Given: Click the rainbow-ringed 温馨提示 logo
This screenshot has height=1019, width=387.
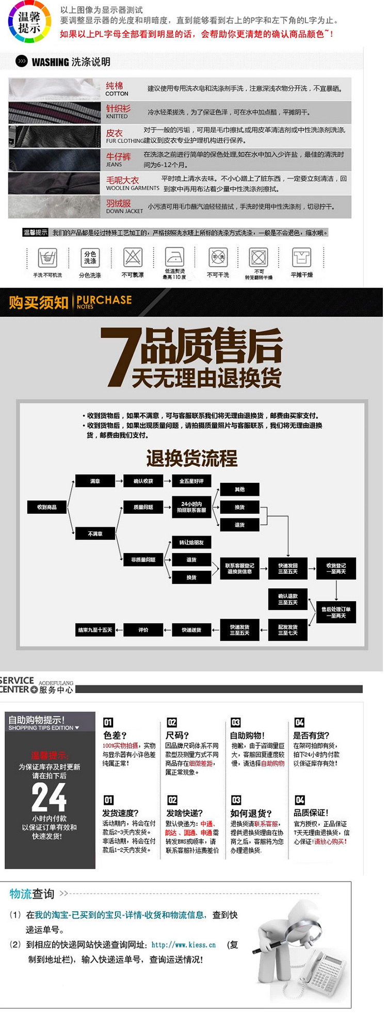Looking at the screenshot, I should tap(29, 23).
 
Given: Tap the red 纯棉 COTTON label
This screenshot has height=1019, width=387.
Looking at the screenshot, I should tap(116, 88).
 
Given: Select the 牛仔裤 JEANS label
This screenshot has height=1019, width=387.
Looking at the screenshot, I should tap(118, 159).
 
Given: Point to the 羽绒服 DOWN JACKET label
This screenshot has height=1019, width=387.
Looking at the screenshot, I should tap(124, 207).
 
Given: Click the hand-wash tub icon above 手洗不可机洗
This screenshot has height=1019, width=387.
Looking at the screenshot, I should tap(47, 257).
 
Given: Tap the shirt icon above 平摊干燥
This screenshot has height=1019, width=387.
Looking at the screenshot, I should tap(301, 257).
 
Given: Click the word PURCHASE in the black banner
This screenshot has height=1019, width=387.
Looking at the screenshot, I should tap(104, 300).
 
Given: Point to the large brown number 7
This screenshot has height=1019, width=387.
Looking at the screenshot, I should tap(121, 357).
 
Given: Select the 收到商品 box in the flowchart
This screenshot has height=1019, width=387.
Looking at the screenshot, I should tap(47, 507).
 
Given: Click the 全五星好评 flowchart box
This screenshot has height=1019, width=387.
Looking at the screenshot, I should tap(191, 481).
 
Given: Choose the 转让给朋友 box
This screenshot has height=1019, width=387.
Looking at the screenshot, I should tap(191, 542).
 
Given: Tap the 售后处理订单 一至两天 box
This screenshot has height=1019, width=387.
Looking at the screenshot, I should tap(336, 612).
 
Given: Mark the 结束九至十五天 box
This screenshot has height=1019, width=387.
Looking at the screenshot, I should tap(95, 630).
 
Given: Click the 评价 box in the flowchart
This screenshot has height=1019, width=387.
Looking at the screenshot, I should tap(143, 630).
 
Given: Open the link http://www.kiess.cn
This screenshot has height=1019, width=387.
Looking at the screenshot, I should tap(184, 945).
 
